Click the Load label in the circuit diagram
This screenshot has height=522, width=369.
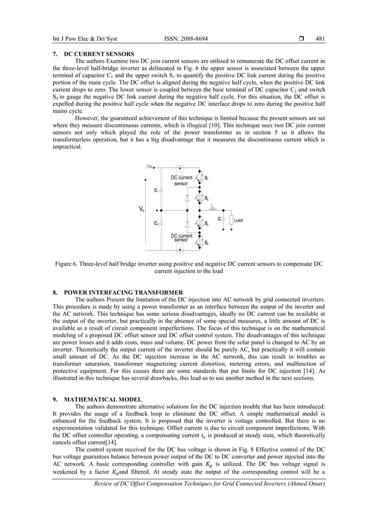(x=237, y=220)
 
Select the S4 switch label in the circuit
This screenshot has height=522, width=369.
(x=207, y=243)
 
